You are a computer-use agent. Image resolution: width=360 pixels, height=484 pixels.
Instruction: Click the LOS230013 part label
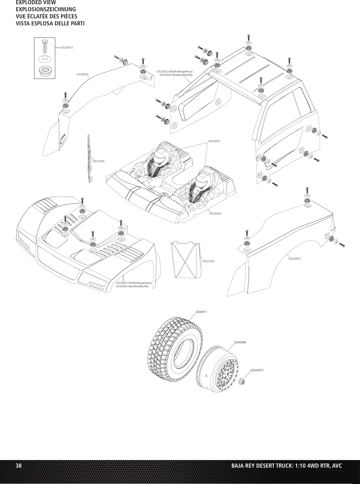(x=67, y=47)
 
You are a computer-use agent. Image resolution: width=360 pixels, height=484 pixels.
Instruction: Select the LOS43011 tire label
(x=201, y=312)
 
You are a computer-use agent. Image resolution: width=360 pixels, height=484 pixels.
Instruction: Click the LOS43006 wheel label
(x=240, y=342)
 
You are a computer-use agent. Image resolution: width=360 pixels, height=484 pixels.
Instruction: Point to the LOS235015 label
(x=257, y=370)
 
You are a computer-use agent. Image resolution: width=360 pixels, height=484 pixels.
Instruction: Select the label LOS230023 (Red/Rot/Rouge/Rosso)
(x=174, y=72)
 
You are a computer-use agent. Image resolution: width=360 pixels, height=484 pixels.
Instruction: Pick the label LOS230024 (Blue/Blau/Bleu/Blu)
(x=176, y=75)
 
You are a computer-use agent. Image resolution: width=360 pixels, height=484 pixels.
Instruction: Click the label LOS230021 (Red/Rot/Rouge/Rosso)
(x=134, y=283)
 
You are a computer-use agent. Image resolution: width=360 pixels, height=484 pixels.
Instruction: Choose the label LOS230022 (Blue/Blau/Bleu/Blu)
(x=132, y=286)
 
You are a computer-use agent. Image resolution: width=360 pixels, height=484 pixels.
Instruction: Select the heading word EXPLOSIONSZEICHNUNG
(x=46, y=9)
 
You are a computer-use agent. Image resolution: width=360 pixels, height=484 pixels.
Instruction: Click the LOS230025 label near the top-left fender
(x=83, y=74)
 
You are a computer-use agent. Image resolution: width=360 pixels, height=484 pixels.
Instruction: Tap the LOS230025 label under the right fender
(x=294, y=258)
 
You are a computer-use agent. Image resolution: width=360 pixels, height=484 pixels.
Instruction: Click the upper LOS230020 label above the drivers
(x=214, y=141)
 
